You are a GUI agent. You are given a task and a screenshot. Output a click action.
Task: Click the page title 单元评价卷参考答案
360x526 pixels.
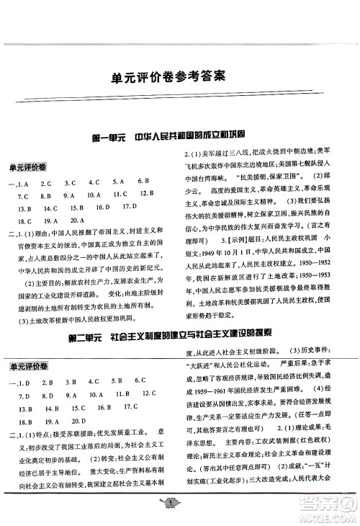pos(179,74)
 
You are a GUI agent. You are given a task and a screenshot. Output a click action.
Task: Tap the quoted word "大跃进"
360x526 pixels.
pos(199,326)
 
